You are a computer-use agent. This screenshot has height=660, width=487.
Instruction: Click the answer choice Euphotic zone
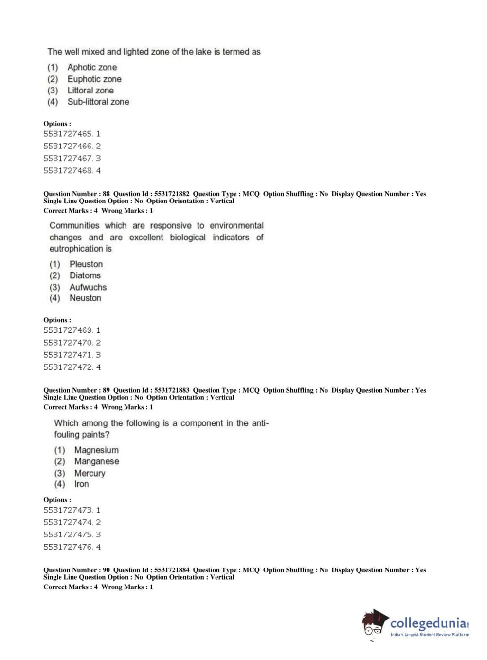pos(94,79)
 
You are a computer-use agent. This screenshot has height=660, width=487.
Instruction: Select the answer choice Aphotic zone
pos(92,67)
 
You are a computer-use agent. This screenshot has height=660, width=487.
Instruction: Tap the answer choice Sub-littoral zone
pos(98,102)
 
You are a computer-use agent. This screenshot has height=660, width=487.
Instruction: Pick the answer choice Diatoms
pos(85,275)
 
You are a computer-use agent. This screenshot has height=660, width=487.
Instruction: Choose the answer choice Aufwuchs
pos(88,287)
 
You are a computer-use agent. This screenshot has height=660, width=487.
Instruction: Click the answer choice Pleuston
pos(86,264)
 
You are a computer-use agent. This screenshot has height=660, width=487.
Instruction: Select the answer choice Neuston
pos(85,298)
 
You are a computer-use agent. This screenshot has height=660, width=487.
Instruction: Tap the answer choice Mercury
pos(90,473)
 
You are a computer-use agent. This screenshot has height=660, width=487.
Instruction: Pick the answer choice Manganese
pos(96,461)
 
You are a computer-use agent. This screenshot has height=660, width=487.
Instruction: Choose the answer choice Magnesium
pos(96,450)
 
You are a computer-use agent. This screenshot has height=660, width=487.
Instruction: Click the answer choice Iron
pos(81,484)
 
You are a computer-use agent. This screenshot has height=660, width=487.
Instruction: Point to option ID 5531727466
pos(68,146)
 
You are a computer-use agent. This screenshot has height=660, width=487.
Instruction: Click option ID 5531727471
pos(68,355)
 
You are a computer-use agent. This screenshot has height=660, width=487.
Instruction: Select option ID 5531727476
pos(68,547)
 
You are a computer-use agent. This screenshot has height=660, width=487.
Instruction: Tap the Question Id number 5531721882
pos(172,194)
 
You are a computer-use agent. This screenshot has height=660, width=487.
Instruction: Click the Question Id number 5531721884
pos(172,570)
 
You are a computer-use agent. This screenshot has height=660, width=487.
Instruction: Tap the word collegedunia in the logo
pos(428,623)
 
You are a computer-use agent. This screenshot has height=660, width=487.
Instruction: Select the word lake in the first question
pos(203,52)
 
